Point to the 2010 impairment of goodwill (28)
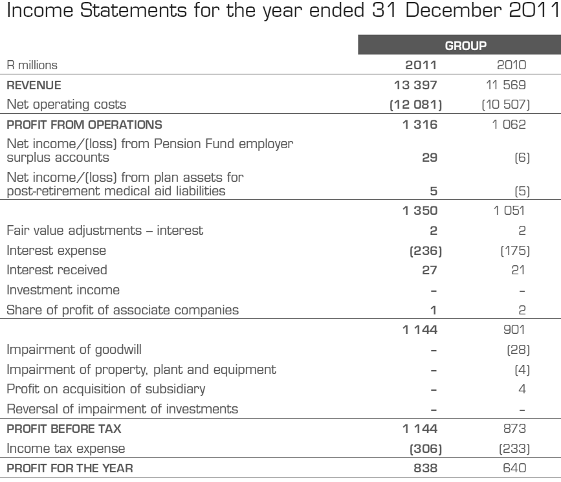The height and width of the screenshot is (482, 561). pyautogui.click(x=520, y=350)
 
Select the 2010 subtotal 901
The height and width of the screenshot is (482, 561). pyautogui.click(x=520, y=330)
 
